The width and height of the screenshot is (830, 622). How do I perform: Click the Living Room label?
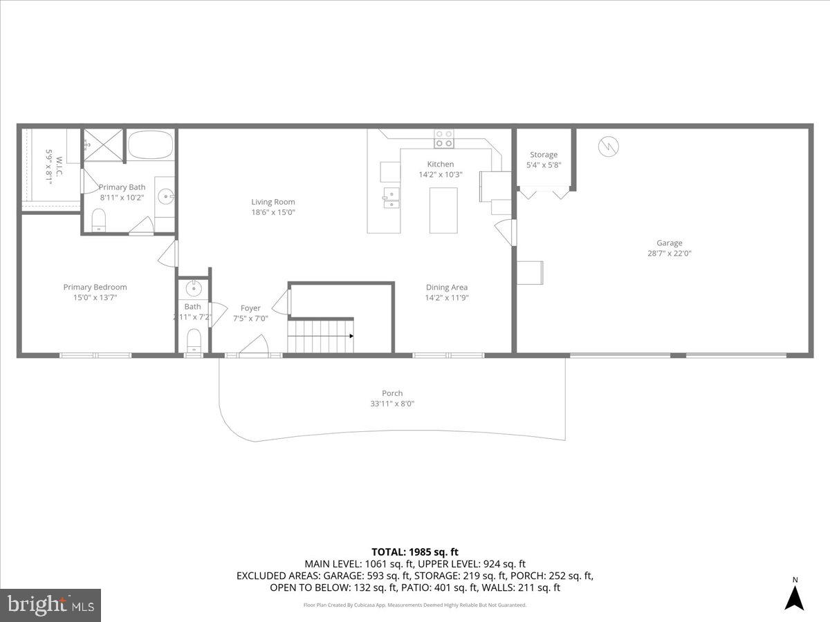pos(274,202)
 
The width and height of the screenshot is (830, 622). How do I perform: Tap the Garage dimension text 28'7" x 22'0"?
pos(669,254)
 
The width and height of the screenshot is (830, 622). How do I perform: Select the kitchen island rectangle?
pos(443,210)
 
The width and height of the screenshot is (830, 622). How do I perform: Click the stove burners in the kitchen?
pos(443,139)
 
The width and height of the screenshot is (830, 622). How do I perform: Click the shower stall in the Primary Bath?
pos(103,145)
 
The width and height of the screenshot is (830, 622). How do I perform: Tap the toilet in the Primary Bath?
pos(99,220)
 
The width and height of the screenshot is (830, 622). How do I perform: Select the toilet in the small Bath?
pos(194,341)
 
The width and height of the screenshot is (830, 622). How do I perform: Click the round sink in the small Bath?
pos(194,289)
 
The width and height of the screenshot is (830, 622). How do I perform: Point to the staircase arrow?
pos(351,337)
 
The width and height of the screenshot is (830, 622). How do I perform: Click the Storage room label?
pos(544,155)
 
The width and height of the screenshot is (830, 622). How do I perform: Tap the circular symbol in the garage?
pos(609,146)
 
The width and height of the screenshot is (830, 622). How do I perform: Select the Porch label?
pos(392,393)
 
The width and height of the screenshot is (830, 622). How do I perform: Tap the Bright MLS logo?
pos(50,605)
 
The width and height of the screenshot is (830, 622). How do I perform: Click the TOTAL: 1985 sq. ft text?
pos(415,552)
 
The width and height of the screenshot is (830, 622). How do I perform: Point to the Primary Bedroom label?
pos(95,287)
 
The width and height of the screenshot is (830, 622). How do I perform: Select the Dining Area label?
pos(446,288)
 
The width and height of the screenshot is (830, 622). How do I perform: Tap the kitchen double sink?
pos(391,198)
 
